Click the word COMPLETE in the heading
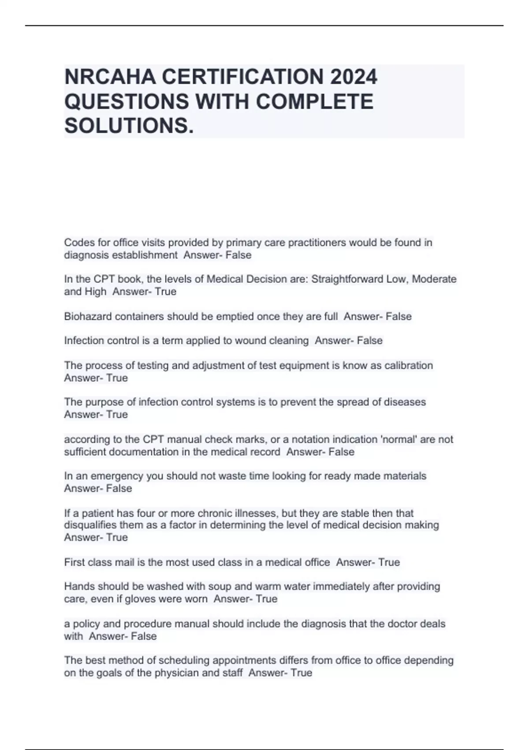(314, 101)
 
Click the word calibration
(409, 365)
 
